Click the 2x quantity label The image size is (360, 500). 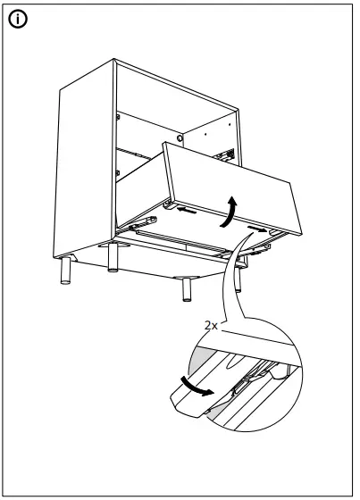pyautogui.click(x=211, y=327)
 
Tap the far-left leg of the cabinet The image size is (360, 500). pyautogui.click(x=65, y=270)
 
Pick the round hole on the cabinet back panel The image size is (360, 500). pyautogui.click(x=181, y=140)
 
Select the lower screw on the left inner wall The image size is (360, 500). pyautogui.click(x=117, y=171)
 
